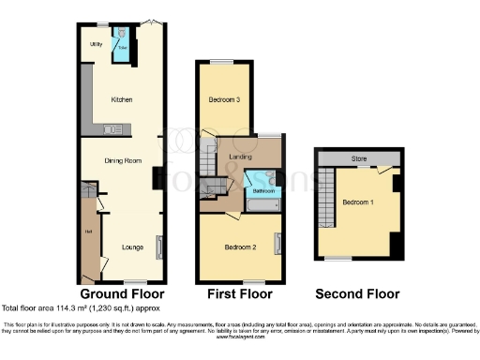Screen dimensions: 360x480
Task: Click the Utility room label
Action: click(x=96, y=44)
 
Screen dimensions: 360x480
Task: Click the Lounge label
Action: click(x=131, y=247)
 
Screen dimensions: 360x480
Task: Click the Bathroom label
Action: click(x=262, y=190)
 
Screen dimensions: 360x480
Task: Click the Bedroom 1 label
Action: click(x=357, y=202)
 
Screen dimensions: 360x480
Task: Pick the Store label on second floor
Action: click(x=357, y=159)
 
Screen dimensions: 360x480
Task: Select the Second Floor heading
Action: click(x=359, y=293)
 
